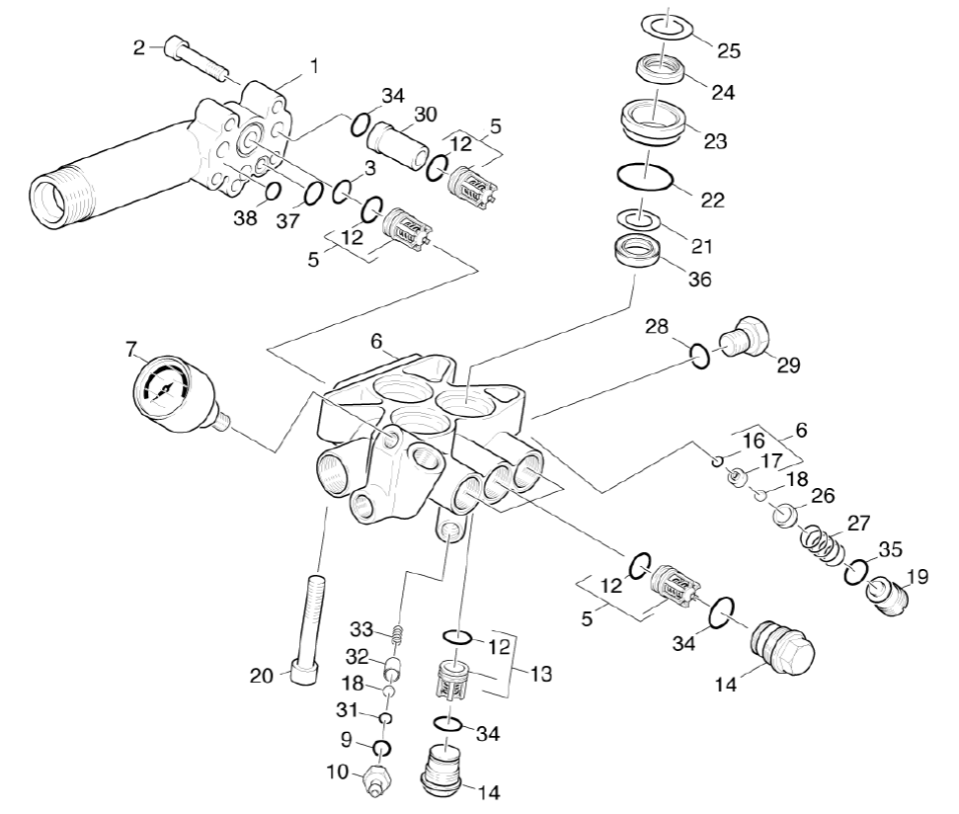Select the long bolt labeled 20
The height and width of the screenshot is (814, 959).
pyautogui.click(x=308, y=631)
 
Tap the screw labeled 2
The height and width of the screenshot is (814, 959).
pyautogui.click(x=195, y=61)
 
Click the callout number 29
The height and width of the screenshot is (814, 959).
pyautogui.click(x=788, y=366)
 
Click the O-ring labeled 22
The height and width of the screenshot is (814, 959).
pyautogui.click(x=645, y=179)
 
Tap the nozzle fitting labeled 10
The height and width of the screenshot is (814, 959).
pyautogui.click(x=377, y=778)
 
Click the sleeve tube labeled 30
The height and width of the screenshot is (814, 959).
pyautogui.click(x=397, y=144)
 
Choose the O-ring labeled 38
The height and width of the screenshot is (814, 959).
pyautogui.click(x=273, y=191)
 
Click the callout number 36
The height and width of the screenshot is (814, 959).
pyautogui.click(x=699, y=279)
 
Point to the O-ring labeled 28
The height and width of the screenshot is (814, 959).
pyautogui.click(x=700, y=356)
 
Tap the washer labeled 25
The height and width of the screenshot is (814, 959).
pyautogui.click(x=668, y=28)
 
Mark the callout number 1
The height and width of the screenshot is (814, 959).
pyautogui.click(x=314, y=65)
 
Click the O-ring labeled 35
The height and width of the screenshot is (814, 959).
pyautogui.click(x=856, y=572)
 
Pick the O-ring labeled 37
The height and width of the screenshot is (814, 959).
pyautogui.click(x=314, y=194)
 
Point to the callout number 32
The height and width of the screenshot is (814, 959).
pyautogui.click(x=358, y=657)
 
